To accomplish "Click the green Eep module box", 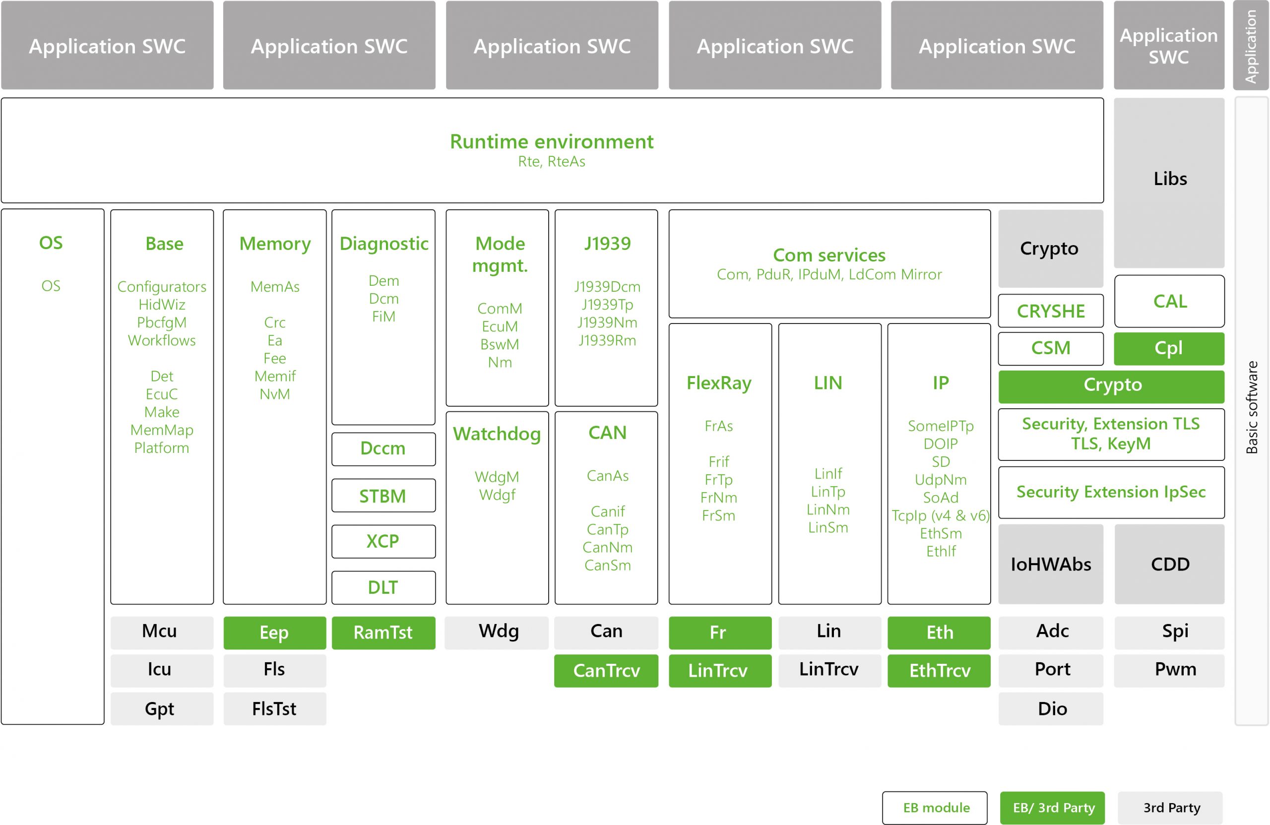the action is point(274,633).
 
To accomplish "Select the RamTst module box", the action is point(383,633).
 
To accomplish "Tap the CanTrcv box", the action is point(606,670).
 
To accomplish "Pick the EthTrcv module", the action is point(939,670).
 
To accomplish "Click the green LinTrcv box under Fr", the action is point(720,670).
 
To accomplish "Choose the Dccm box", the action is point(383,449).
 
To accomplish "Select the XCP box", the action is point(383,541).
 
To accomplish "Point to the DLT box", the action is point(383,587).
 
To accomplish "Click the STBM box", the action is point(383,496).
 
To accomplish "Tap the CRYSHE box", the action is point(1051,311).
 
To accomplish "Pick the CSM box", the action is point(1051,348).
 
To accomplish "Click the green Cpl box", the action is point(1169,348).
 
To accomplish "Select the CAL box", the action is point(1169,301).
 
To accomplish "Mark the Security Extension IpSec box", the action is point(1111,492).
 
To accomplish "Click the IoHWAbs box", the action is point(1051,564).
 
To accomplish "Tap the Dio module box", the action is point(1051,709).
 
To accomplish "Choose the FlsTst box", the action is point(274,709).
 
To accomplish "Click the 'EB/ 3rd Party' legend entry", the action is point(1052,808).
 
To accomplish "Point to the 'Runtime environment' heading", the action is point(551,141).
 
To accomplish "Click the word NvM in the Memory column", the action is point(275,394).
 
